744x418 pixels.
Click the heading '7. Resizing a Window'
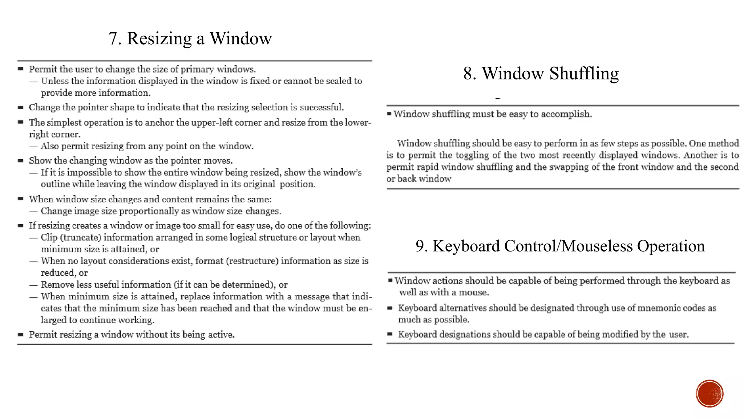pyautogui.click(x=190, y=38)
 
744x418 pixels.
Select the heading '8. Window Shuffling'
pyautogui.click(x=541, y=74)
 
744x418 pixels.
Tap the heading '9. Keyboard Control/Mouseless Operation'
pyautogui.click(x=560, y=246)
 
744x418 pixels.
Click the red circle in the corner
pyautogui.click(x=709, y=393)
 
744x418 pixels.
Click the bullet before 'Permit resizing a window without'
pyautogui.click(x=21, y=335)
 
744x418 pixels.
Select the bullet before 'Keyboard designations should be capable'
pyautogui.click(x=390, y=334)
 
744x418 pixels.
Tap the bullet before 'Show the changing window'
pyautogui.click(x=21, y=160)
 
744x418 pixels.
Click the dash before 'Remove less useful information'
pyautogui.click(x=33, y=285)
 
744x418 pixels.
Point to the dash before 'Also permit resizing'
pyautogui.click(x=33, y=146)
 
